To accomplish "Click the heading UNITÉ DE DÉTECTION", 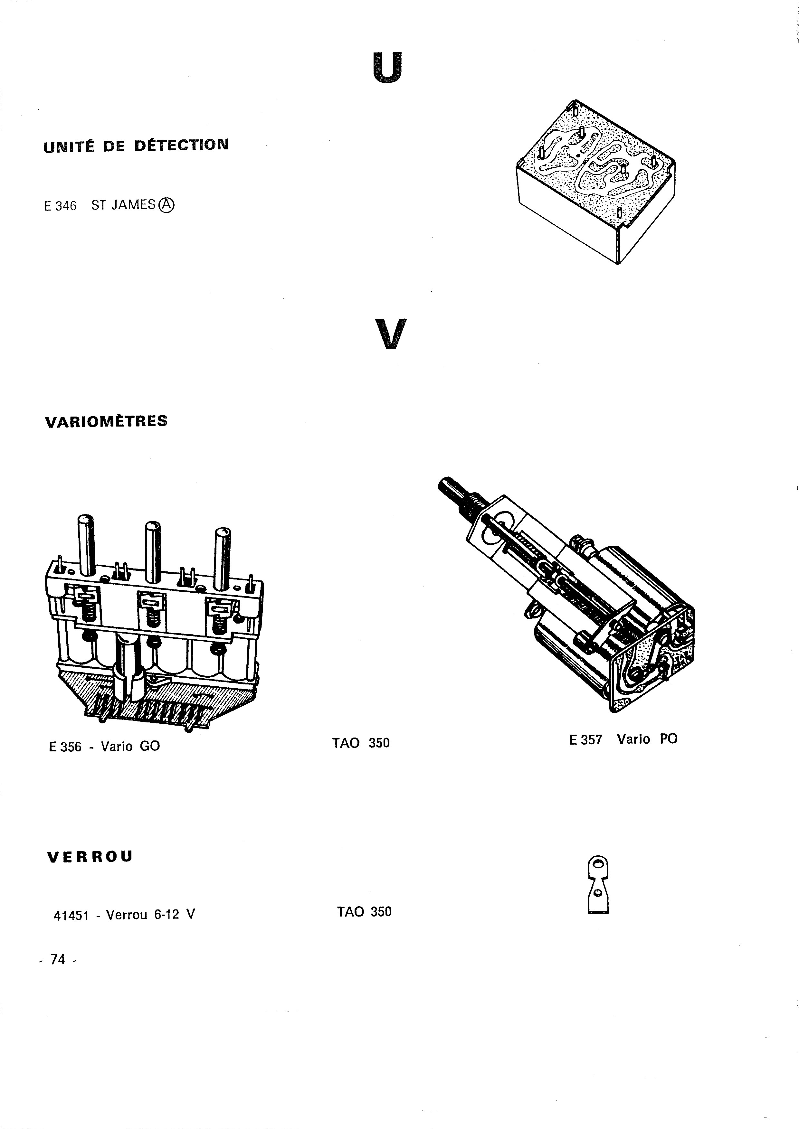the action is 136,146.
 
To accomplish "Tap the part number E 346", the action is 60,206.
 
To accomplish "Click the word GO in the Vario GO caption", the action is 150,746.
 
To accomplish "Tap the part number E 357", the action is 585,739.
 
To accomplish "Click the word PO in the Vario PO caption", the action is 669,739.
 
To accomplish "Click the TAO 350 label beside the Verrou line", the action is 365,912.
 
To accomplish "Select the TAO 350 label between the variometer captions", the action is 361,743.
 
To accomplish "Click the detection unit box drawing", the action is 595,182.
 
